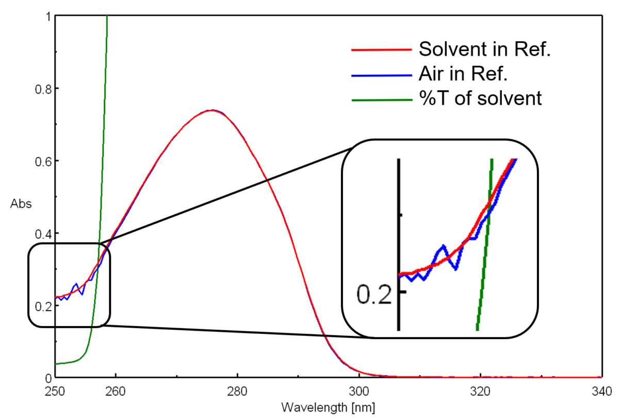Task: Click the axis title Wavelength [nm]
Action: (x=328, y=407)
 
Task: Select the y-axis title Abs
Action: (x=21, y=203)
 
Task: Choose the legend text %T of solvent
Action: (x=480, y=98)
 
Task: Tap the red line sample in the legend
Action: (x=382, y=50)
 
